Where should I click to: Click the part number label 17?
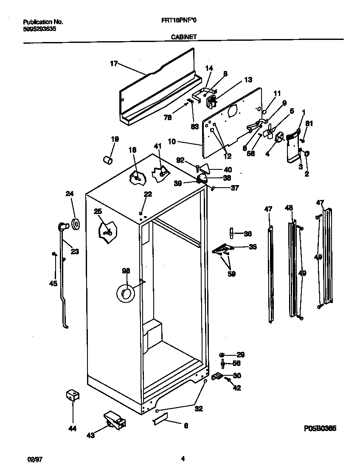pos(113,64)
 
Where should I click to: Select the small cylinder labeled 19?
pos(108,160)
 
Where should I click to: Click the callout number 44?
pos(72,429)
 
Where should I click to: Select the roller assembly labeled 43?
pos(114,419)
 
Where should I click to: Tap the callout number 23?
pos(75,251)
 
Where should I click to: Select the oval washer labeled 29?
pos(222,354)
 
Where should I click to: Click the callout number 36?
pos(248,233)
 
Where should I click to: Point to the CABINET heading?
pos(184,37)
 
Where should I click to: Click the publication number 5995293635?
pos(39,29)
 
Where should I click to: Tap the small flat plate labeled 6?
pos(160,421)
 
